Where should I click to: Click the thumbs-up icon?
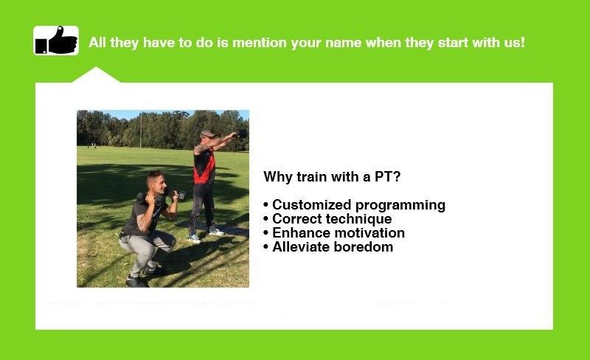coord(56,41)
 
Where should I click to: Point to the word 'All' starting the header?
coord(97,43)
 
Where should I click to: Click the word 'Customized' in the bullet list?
coord(311,205)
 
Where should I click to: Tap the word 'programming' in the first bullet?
coord(400,206)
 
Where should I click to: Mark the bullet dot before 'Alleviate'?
coord(266,247)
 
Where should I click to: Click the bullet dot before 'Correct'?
coord(266,219)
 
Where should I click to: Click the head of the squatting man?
coord(156,182)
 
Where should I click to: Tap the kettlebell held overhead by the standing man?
coord(243,133)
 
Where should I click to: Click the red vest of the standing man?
coord(204,167)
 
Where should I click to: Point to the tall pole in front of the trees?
coord(141,131)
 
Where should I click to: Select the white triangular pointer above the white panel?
coord(96,75)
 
